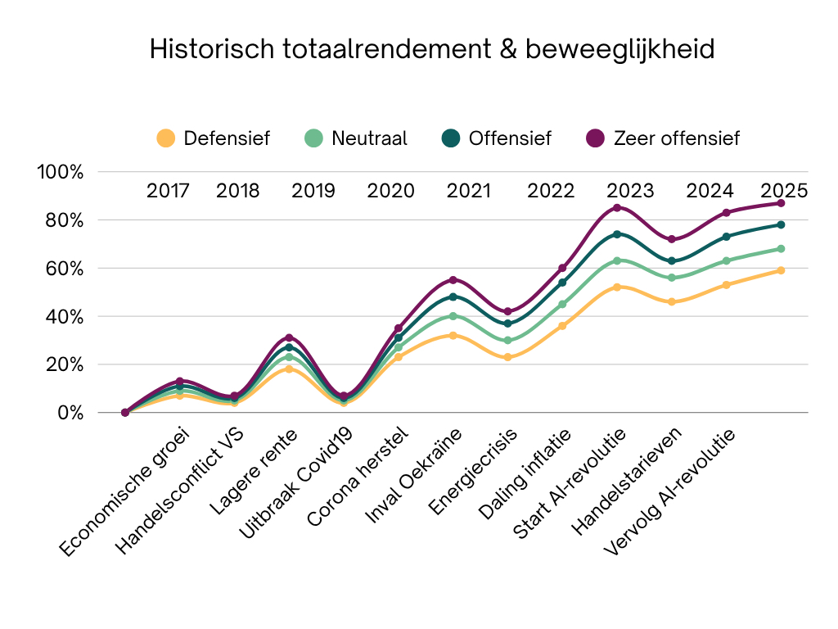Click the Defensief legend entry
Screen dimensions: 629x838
tap(213, 138)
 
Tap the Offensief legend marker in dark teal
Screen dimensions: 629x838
tap(455, 138)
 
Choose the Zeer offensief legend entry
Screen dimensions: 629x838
tap(664, 138)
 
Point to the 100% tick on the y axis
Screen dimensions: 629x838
tap(61, 172)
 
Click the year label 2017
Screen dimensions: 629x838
tap(168, 191)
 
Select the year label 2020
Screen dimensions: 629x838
tap(390, 191)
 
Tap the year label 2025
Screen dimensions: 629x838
tap(783, 191)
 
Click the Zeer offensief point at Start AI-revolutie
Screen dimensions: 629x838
tap(616, 207)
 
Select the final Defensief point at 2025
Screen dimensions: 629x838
tap(781, 270)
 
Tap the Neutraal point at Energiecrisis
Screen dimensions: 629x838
tap(507, 340)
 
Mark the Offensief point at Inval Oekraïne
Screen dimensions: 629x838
tap(453, 296)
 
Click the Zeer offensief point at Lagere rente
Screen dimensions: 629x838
tap(289, 337)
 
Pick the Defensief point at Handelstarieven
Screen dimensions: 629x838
tap(671, 301)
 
